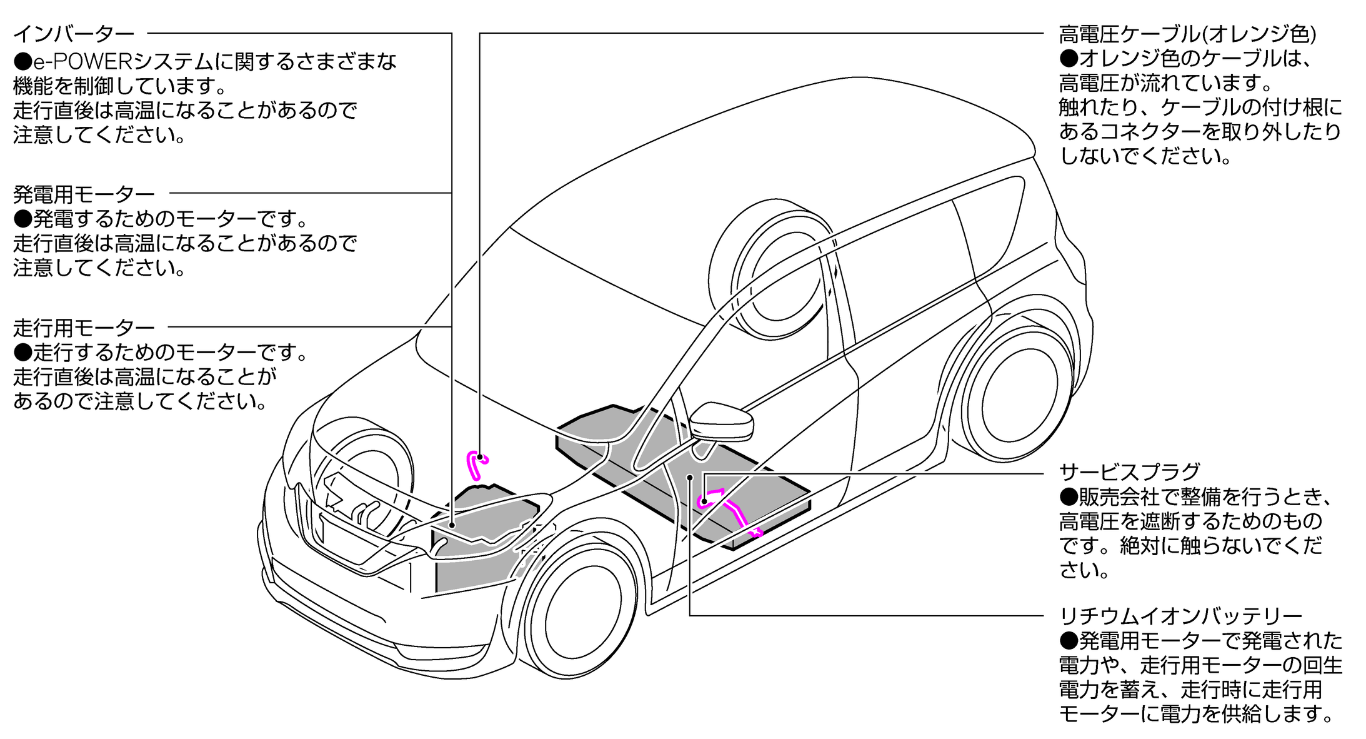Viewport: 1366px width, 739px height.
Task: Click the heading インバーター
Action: point(74,34)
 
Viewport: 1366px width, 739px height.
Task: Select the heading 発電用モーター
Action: point(84,194)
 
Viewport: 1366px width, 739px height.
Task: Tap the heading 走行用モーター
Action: point(84,328)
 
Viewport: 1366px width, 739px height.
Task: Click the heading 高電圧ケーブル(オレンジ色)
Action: point(1187,34)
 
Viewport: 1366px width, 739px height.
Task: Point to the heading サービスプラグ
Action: point(1130,471)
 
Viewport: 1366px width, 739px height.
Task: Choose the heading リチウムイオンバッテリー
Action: point(1180,616)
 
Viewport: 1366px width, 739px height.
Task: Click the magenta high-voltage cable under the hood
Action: point(476,465)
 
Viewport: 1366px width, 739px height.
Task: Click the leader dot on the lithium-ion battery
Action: point(690,478)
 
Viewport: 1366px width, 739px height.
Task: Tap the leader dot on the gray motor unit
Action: point(452,525)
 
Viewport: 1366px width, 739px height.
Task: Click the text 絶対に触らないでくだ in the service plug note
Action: point(1221,546)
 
